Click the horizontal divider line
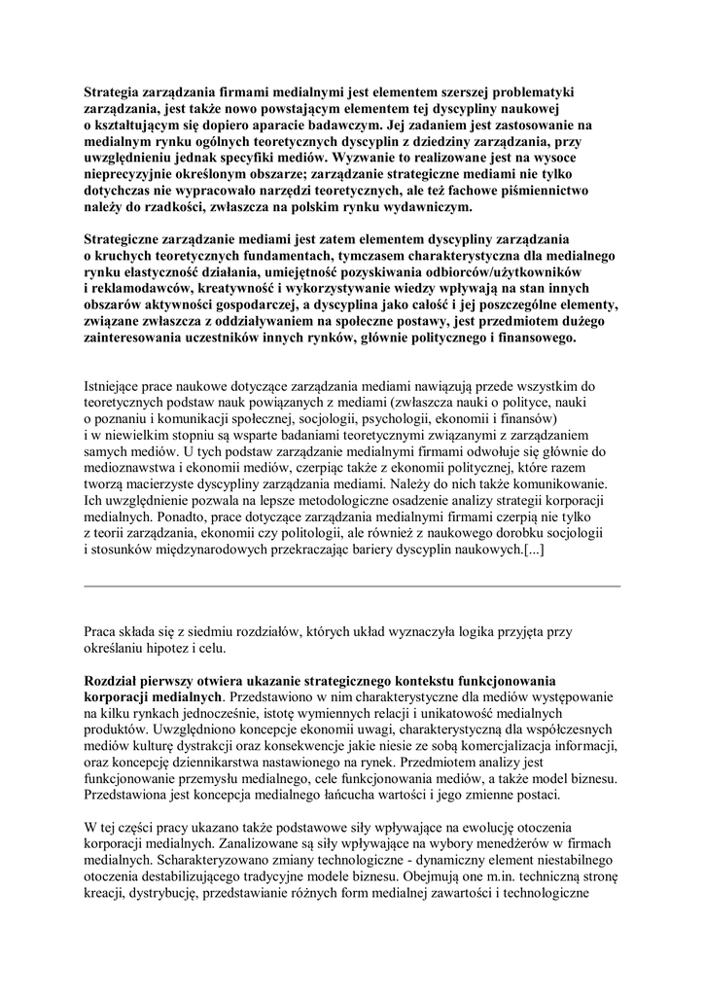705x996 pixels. [x=352, y=587]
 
